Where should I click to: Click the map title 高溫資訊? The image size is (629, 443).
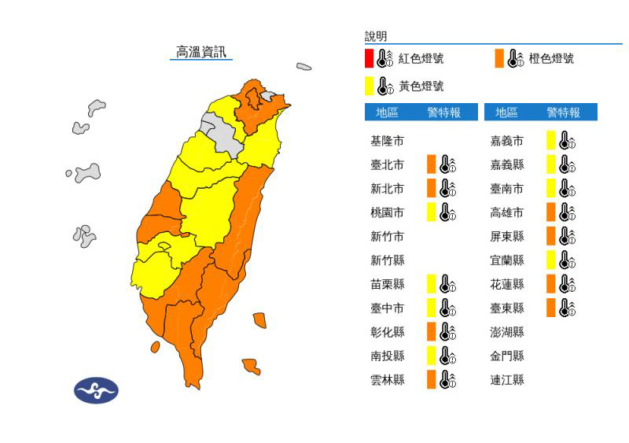[202, 52]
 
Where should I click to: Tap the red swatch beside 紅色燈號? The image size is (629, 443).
[369, 58]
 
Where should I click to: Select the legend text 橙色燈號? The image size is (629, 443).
[551, 59]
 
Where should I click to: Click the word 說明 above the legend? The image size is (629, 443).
[376, 36]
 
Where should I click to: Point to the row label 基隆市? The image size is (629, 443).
[387, 141]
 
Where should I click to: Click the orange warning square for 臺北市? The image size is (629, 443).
[431, 164]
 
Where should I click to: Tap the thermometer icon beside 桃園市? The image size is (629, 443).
[447, 212]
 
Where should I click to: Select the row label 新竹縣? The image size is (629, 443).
[387, 260]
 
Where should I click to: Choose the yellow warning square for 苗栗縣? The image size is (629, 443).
[431, 284]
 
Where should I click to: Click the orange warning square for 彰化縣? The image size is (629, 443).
[431, 331]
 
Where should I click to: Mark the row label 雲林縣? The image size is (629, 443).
[387, 380]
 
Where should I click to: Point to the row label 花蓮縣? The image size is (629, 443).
[507, 284]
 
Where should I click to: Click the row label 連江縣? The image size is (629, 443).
[507, 380]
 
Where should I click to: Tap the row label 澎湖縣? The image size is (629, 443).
[507, 332]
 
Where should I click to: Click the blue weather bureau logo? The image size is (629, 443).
[96, 390]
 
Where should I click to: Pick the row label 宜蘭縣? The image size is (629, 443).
[507, 260]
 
